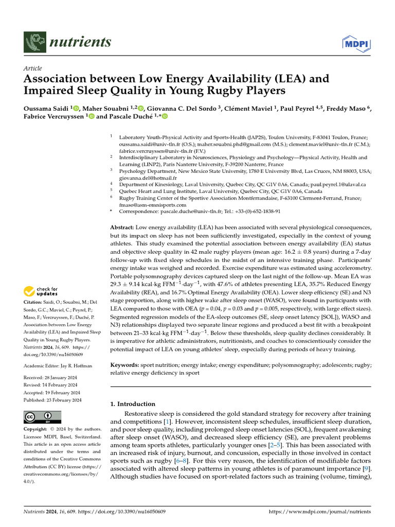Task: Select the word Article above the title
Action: point(33,68)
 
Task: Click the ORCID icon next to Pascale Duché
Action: point(165,117)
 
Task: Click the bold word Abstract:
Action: point(122,227)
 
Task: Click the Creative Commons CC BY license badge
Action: point(43,417)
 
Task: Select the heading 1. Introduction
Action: point(133,404)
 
